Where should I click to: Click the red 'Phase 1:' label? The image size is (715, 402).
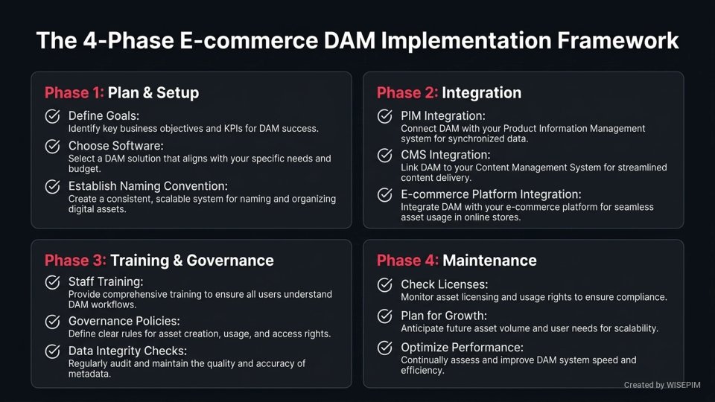[74, 93]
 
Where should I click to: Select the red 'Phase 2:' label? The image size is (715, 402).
[407, 93]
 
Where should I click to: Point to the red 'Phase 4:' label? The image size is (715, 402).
[407, 261]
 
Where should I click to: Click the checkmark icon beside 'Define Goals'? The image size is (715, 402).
[53, 117]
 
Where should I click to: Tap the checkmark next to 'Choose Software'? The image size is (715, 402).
[53, 147]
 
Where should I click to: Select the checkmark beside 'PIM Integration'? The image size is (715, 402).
[385, 117]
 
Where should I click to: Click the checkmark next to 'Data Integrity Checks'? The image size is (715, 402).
[53, 351]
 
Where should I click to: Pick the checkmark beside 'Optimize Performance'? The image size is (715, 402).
[385, 348]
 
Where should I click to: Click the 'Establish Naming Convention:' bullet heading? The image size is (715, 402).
[147, 186]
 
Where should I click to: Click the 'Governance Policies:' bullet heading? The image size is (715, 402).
[124, 322]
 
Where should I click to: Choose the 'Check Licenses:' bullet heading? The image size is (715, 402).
[445, 284]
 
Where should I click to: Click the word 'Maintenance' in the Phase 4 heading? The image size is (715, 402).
[489, 261]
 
